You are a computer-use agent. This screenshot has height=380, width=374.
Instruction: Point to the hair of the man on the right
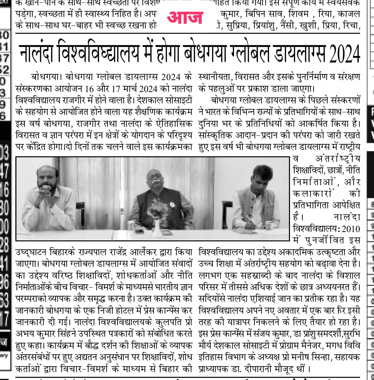point(262,171)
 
